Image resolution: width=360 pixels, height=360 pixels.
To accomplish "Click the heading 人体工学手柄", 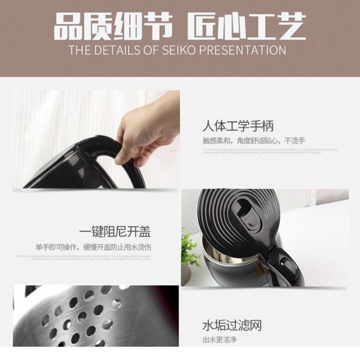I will coord(238,125).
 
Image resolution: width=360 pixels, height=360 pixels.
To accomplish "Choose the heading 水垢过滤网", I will coord(231,325).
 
